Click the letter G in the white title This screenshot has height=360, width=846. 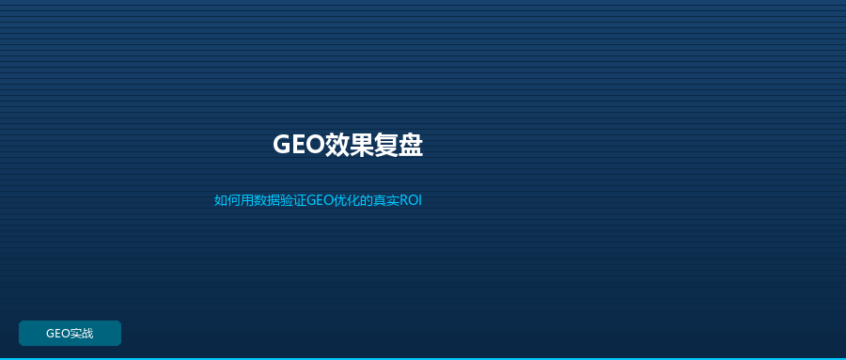pyautogui.click(x=282, y=145)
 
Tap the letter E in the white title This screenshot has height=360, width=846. pyautogui.click(x=300, y=145)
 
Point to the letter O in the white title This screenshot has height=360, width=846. pyautogui.click(x=316, y=145)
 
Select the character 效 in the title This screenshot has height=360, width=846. pyautogui.click(x=337, y=145)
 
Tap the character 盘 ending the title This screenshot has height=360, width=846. pyautogui.click(x=411, y=145)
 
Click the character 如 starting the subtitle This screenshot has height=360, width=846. pyautogui.click(x=221, y=201)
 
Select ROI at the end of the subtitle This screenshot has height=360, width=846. pyautogui.click(x=411, y=201)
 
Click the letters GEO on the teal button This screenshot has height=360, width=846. pyautogui.click(x=58, y=334)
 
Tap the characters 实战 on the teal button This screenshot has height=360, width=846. pyautogui.click(x=82, y=334)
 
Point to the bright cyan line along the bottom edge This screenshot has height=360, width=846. pyautogui.click(x=423, y=358)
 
